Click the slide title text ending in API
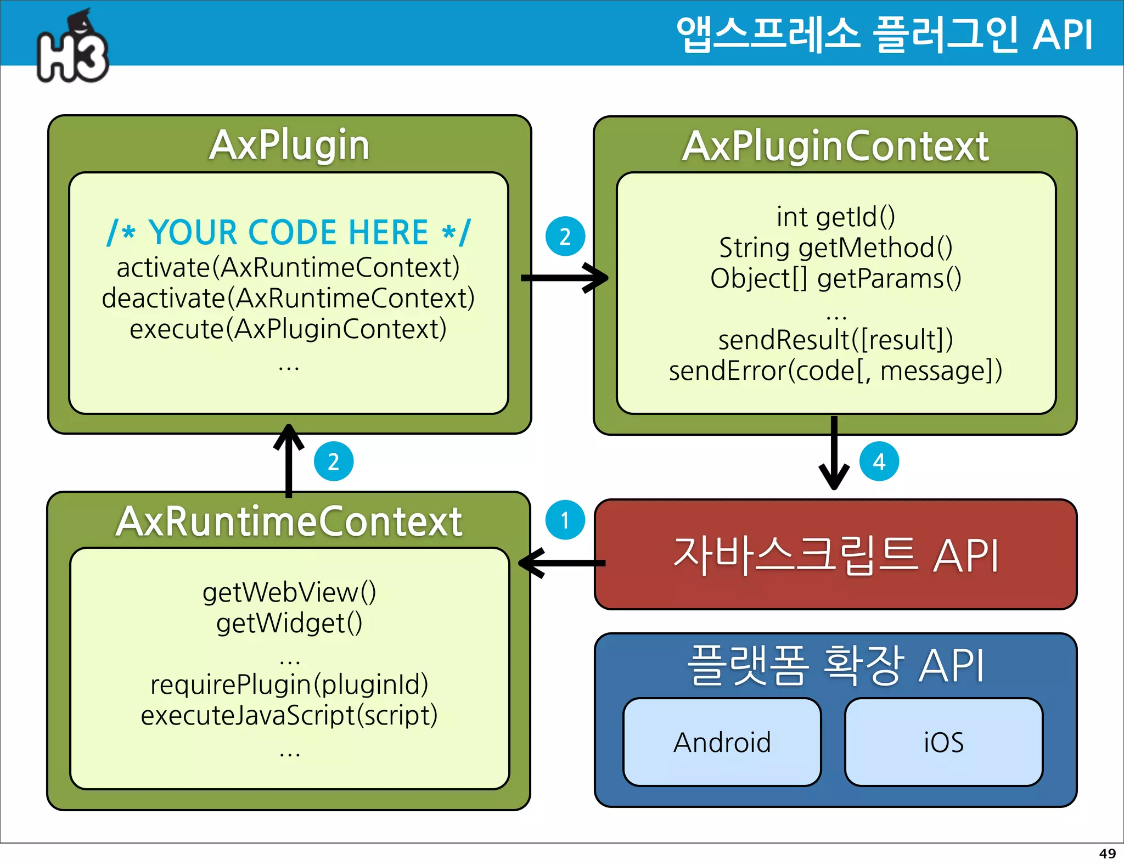click(885, 35)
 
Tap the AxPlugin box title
click(289, 145)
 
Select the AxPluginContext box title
click(835, 147)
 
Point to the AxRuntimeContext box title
click(289, 521)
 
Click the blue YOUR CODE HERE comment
click(289, 233)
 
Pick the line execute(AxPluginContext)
click(288, 329)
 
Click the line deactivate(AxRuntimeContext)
click(288, 299)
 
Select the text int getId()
click(835, 217)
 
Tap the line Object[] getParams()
click(835, 279)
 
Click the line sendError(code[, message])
click(835, 371)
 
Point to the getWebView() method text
click(289, 593)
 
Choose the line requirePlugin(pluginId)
click(289, 685)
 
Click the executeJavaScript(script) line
click(289, 716)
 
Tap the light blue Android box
click(722, 742)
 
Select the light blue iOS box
click(943, 742)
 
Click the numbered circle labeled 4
click(879, 462)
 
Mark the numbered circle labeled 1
click(565, 520)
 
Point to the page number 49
click(1107, 853)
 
